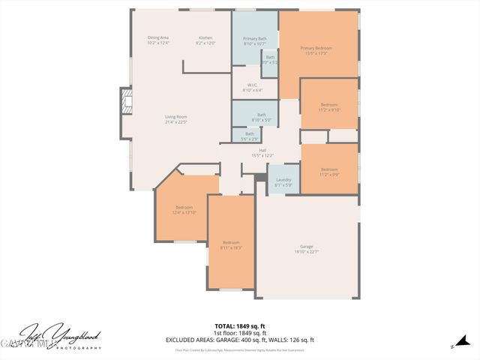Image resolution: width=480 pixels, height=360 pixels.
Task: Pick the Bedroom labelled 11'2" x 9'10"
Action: pos(329,106)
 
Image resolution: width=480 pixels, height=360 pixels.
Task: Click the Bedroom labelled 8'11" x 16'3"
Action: pos(231,244)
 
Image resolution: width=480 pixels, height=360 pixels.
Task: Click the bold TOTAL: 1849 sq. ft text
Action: pos(239,325)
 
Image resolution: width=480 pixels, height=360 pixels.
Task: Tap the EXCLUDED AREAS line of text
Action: pos(239,340)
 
